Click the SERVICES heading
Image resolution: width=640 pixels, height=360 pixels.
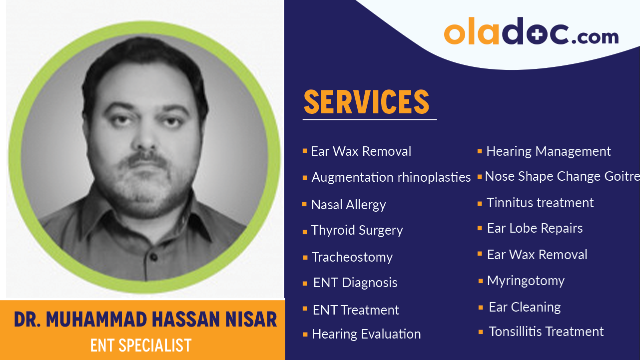366,102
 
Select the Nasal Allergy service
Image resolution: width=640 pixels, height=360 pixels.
348,205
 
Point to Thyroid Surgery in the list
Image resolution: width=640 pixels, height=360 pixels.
357,230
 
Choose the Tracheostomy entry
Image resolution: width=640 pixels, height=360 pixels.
352,257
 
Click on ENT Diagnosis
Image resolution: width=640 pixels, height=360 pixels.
355,283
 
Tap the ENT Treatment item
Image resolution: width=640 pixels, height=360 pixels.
356,310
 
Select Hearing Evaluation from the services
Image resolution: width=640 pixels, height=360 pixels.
366,334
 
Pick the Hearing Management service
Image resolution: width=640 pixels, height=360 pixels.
549,151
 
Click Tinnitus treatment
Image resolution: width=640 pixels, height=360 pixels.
540,203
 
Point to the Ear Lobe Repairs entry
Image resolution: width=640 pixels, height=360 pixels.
535,228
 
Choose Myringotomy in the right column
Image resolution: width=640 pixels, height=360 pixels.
526,281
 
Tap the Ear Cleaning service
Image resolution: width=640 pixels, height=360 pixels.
525,307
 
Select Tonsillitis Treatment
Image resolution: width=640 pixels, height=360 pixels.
546,332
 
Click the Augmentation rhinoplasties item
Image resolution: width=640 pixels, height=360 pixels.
391,177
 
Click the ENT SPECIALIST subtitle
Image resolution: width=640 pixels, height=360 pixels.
141,346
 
